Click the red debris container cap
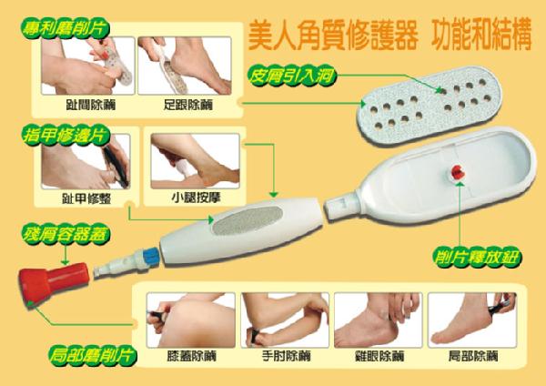[53, 282]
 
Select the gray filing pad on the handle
[248, 220]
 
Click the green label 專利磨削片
[66, 28]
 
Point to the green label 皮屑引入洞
[291, 76]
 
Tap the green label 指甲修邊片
[66, 136]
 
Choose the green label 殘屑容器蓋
[66, 235]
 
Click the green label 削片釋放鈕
[476, 258]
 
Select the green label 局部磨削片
[92, 356]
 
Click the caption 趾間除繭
[91, 105]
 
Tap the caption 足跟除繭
[188, 105]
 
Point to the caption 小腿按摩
[196, 198]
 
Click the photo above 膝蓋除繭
[191, 320]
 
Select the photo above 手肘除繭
[285, 320]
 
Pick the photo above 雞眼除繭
[379, 320]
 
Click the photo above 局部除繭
[472, 320]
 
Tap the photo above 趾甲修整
[86, 161]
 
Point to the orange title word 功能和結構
[481, 35]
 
